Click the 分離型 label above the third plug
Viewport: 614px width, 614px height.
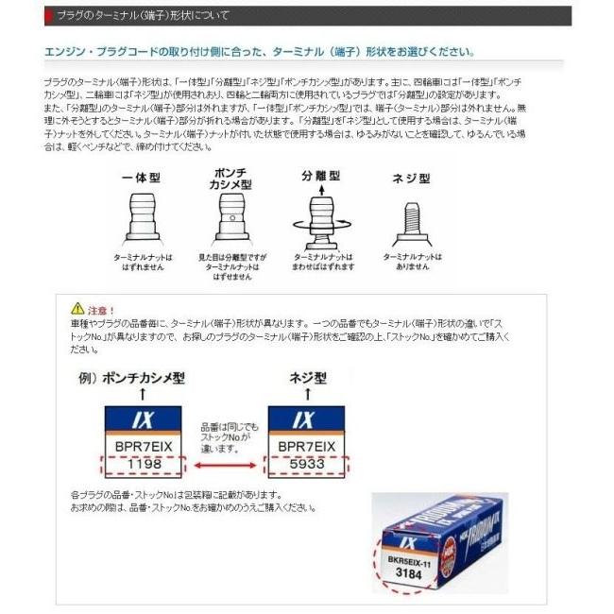(x=320, y=177)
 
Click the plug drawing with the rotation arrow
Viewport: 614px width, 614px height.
(x=321, y=217)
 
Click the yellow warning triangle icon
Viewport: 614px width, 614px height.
(x=77, y=309)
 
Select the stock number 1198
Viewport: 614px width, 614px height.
(x=140, y=464)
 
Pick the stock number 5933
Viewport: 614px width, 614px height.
(x=308, y=464)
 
